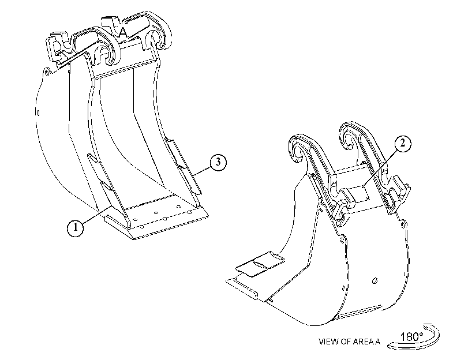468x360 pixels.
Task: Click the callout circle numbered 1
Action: tap(76, 227)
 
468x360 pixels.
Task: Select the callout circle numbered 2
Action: tap(403, 143)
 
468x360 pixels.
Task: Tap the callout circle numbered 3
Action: tap(218, 162)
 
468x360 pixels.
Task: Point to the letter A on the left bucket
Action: tap(123, 32)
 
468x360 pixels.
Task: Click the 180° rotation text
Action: tap(411, 337)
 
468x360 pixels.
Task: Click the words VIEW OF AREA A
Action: tap(349, 342)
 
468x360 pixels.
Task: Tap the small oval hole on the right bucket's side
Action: tap(375, 280)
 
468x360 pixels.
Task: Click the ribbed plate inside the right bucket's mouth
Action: tap(259, 264)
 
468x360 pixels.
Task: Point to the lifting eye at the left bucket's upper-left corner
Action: tap(46, 72)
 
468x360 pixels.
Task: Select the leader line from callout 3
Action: tap(201, 170)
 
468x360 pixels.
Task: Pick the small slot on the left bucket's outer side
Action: tap(38, 113)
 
